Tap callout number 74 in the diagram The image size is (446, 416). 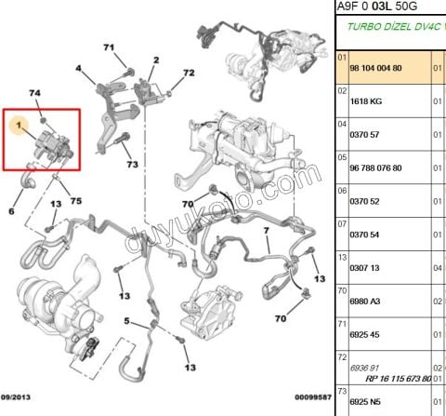(x=35, y=94)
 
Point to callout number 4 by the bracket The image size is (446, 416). (x=79, y=68)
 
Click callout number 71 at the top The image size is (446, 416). (x=109, y=47)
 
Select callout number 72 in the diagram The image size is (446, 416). (x=189, y=73)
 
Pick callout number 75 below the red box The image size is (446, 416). (x=76, y=202)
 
